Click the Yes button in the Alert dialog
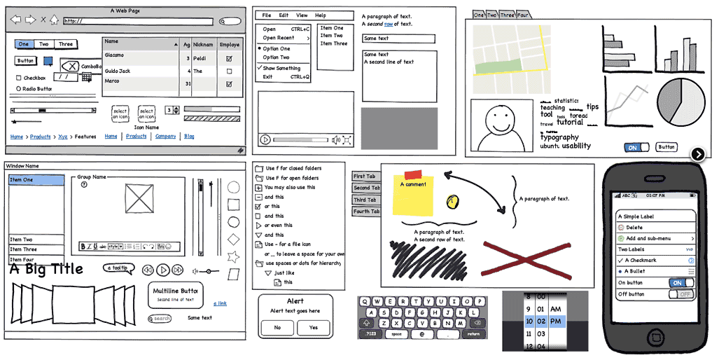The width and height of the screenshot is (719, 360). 313,328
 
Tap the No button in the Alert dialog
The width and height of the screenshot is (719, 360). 277,328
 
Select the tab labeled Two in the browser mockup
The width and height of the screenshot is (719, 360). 44,44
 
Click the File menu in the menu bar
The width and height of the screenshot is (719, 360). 267,15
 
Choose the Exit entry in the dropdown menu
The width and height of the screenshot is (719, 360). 268,77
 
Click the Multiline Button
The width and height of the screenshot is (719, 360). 175,294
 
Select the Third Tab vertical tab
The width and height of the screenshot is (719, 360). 366,200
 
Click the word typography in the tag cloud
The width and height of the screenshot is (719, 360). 559,137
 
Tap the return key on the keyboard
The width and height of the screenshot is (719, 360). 474,334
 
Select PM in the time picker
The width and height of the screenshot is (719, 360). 556,321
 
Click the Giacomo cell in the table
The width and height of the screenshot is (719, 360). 114,55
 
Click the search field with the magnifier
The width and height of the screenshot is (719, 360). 160,319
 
